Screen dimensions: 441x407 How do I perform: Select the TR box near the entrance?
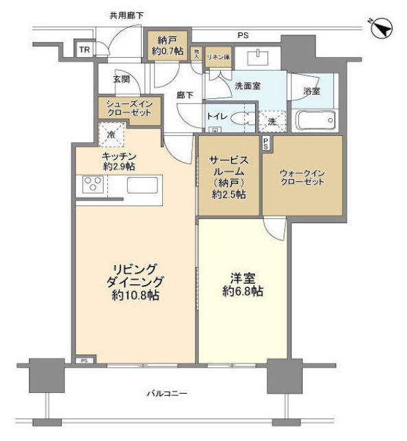83,50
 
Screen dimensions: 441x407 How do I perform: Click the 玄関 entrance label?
121,79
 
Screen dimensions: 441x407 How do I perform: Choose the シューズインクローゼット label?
129,109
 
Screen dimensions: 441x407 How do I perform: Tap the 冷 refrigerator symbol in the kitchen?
111,135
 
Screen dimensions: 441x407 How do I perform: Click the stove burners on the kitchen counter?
93,185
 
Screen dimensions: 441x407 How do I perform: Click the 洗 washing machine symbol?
272,120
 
